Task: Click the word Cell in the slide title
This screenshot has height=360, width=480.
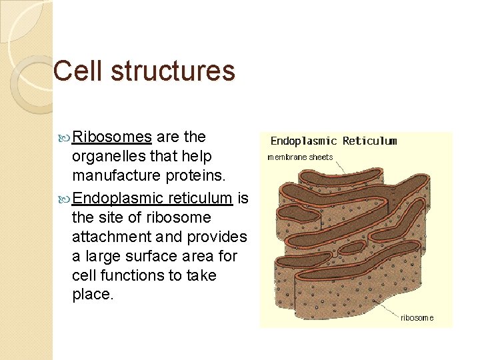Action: click(x=76, y=71)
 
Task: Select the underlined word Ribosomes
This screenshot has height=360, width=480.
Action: click(x=112, y=137)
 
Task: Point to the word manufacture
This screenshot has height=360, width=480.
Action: click(x=113, y=177)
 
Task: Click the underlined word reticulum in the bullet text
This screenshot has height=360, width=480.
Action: click(x=200, y=197)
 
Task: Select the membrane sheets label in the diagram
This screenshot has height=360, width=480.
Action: click(x=299, y=157)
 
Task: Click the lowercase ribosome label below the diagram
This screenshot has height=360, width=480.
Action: click(x=417, y=318)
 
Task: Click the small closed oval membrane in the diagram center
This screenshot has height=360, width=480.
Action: click(x=353, y=247)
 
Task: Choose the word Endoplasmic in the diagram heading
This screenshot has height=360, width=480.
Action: click(x=303, y=141)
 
